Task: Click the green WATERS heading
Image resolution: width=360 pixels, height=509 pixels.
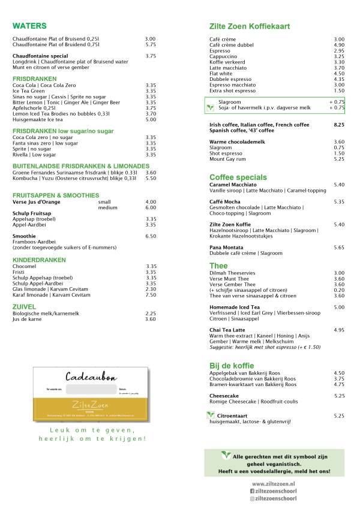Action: pos(29,26)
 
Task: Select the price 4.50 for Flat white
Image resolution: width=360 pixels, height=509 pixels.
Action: pos(339,74)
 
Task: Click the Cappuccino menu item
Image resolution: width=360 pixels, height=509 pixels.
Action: pos(223,56)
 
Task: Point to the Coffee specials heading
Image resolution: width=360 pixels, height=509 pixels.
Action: pos(238,177)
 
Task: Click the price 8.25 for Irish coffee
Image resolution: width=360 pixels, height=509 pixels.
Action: pos(339,124)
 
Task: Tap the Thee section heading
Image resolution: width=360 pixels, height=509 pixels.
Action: pos(218,266)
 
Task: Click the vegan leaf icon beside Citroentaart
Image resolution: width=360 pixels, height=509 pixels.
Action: pos(210,415)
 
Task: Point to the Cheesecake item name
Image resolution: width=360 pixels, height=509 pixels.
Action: pos(224,396)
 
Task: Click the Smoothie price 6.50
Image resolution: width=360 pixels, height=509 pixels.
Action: pos(151,236)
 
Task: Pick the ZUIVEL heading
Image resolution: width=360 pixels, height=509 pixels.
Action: pos(25,306)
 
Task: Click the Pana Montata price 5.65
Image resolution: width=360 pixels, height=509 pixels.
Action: pos(339,247)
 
